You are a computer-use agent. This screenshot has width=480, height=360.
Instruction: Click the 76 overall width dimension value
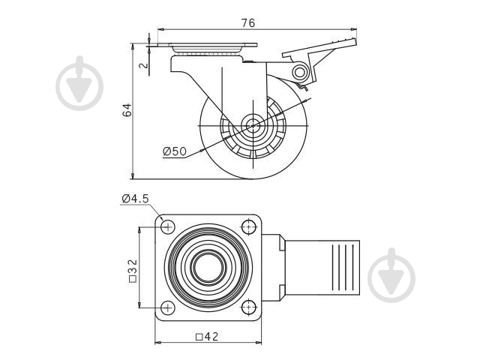pos(248,23)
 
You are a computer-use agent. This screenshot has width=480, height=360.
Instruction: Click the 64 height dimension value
pos(127,110)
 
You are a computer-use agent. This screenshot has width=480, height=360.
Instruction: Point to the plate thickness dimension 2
pos(144,65)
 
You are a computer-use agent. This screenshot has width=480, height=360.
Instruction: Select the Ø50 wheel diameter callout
pos(175,151)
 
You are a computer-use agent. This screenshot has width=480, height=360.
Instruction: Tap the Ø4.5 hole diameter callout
pos(135,199)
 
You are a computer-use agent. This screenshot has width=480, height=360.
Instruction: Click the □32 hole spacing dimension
pos(133,271)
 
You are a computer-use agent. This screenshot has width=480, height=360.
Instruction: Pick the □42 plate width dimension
pos(207,337)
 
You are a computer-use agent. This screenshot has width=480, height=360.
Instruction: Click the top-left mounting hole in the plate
pos(168,226)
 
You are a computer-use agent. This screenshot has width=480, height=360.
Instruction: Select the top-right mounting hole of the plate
pos(249,226)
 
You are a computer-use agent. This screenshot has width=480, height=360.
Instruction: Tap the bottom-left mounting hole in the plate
pos(168,307)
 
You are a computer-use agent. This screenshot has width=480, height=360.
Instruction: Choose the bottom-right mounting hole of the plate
pos(249,307)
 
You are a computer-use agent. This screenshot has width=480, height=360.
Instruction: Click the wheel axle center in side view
pos(253,125)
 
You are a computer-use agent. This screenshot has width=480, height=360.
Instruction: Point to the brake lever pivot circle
pos(299,73)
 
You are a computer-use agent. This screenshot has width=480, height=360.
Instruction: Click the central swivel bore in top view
pos(208,267)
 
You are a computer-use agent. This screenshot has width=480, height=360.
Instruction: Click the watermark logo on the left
pos(79,83)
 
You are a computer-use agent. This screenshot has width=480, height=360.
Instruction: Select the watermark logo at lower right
pos(391,275)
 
